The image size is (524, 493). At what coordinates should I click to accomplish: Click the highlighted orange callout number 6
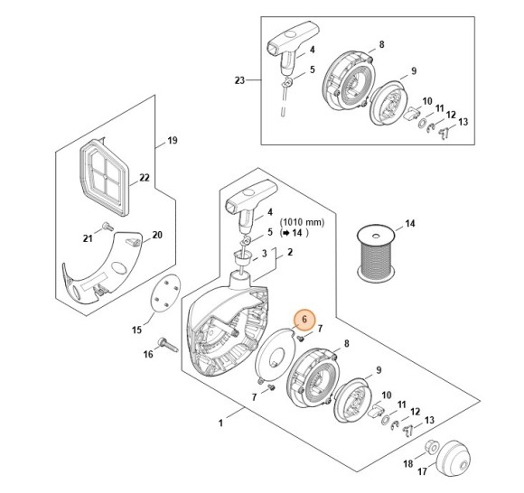[304, 320]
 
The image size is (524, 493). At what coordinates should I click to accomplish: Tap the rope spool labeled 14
[376, 252]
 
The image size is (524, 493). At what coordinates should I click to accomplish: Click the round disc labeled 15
[165, 293]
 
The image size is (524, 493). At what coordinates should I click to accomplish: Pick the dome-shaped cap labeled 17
[454, 456]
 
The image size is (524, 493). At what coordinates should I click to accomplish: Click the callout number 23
[239, 80]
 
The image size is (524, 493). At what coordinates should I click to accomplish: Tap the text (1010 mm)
[302, 222]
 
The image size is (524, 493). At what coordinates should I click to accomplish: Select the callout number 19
[172, 140]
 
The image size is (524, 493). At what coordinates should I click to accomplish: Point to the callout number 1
[220, 423]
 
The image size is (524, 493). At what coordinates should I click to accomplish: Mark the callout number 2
[290, 252]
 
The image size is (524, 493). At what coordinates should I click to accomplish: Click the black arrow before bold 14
[285, 233]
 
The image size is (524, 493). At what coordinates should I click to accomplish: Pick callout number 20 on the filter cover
[157, 235]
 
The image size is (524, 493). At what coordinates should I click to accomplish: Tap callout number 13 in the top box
[463, 122]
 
